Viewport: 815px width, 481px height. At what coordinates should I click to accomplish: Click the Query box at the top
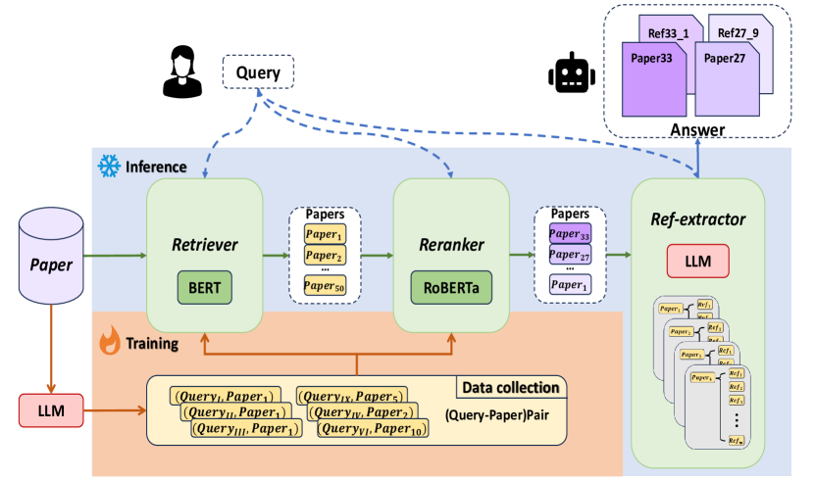click(x=259, y=72)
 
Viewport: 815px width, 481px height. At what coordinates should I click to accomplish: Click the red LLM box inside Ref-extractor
click(x=698, y=261)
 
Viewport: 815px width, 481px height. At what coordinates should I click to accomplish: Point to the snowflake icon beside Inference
click(x=106, y=166)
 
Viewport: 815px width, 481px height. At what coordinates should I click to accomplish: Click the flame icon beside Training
click(x=107, y=344)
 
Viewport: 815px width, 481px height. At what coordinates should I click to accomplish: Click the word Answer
click(x=697, y=129)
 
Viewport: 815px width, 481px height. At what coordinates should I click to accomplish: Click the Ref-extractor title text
click(x=698, y=218)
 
